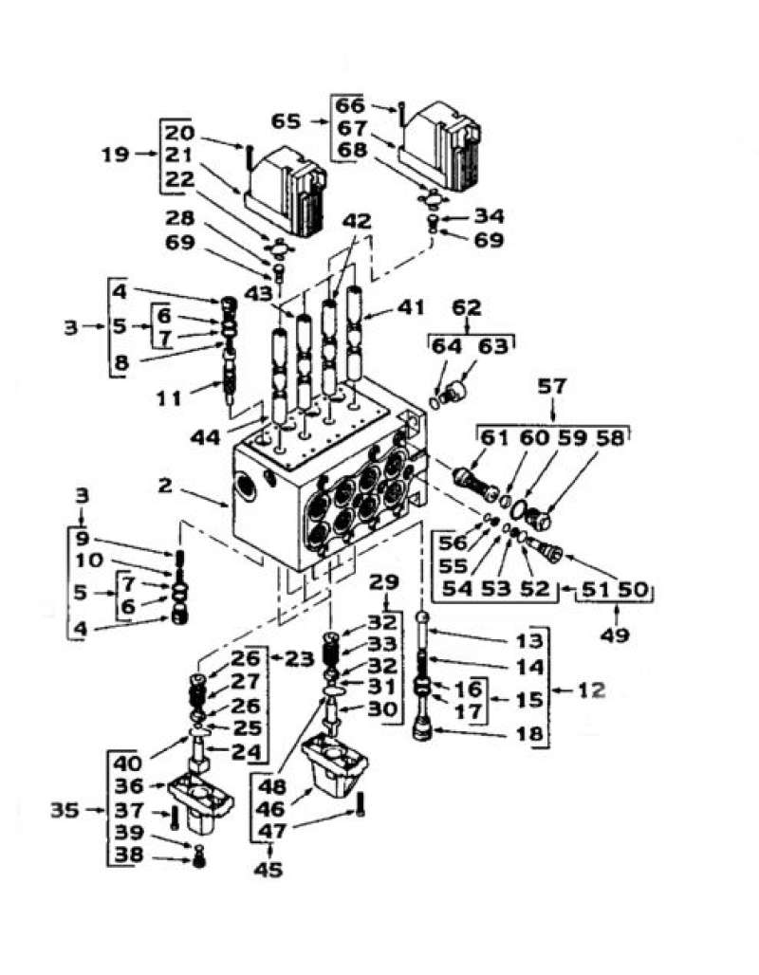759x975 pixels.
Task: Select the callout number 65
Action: (287, 122)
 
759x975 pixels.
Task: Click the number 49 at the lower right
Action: (615, 635)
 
